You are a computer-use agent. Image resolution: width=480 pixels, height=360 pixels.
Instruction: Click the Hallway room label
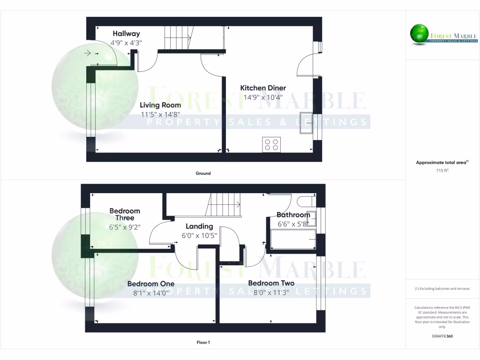(126, 34)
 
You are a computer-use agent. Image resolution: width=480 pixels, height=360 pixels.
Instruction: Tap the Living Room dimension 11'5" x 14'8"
(160, 114)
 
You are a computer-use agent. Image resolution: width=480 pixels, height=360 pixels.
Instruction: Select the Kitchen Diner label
(263, 88)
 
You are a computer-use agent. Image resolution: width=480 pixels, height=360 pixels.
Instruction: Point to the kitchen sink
(307, 123)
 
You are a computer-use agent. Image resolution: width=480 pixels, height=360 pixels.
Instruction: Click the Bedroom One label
(151, 284)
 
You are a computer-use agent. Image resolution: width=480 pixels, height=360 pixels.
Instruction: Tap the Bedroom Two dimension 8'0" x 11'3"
(271, 292)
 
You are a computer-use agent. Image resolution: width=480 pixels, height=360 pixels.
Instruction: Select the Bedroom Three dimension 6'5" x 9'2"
(125, 227)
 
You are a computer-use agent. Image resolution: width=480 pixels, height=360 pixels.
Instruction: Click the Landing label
(199, 226)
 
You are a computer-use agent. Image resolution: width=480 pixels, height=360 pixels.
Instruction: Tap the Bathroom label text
(293, 215)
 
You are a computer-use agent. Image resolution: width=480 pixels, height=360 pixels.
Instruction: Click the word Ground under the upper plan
(203, 173)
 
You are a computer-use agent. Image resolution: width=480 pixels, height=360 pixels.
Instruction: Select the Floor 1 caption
(203, 343)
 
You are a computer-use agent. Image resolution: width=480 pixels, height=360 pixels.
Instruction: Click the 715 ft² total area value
(442, 171)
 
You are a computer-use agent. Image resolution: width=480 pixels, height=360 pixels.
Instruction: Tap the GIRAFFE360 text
(442, 336)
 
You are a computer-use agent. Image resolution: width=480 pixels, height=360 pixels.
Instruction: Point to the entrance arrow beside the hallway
(87, 53)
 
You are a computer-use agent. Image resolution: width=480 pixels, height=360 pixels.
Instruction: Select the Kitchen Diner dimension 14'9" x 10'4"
(263, 97)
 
